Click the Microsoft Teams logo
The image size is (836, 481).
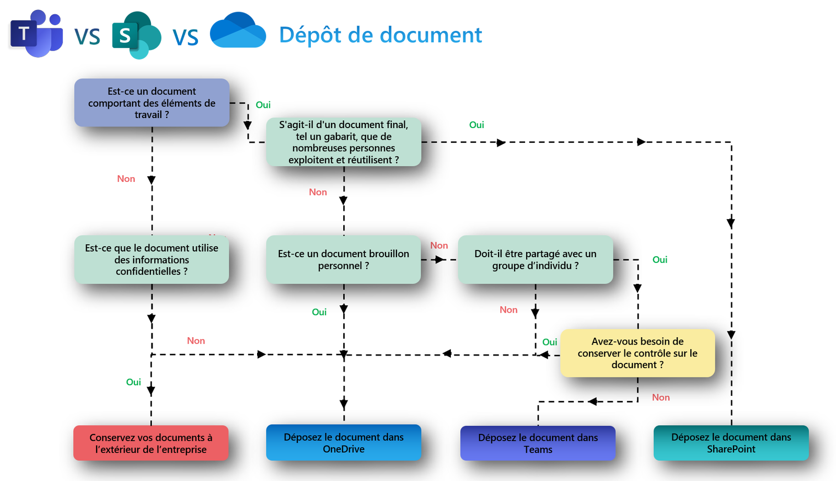tap(36, 34)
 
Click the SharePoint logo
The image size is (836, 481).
tap(136, 35)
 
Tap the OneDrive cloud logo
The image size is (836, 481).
tap(238, 31)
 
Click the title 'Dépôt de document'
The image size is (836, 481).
tap(380, 35)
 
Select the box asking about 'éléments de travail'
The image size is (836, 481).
tap(152, 103)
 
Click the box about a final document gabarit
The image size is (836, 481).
tap(343, 142)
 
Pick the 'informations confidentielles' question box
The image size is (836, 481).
tap(152, 260)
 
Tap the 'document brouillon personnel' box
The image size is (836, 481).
tap(343, 260)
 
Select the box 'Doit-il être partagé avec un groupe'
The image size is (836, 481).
tap(535, 260)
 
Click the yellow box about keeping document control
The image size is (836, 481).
tap(637, 353)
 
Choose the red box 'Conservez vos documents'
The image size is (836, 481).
tap(150, 443)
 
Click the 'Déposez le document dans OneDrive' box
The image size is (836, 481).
tap(343, 443)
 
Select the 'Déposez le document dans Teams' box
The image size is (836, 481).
tap(538, 443)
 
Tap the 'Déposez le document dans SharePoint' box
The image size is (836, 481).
tap(731, 443)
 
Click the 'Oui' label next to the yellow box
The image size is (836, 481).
tap(550, 342)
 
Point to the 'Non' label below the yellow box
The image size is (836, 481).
tap(660, 397)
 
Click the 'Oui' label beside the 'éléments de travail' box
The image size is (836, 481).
tap(263, 105)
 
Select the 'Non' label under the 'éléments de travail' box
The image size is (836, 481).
tap(126, 179)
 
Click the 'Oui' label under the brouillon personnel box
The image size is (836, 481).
tap(319, 312)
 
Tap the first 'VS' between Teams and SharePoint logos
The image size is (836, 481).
tap(87, 37)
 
